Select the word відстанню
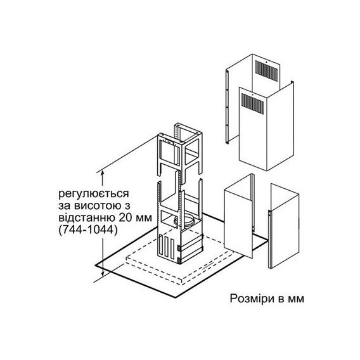[x=87, y=217]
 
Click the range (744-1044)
[x=87, y=229]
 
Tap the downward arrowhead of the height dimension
[x=103, y=273]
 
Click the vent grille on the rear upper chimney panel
[x=266, y=70]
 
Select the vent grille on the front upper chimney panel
[x=252, y=104]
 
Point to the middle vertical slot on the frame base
[x=166, y=247]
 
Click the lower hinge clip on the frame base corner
[x=179, y=260]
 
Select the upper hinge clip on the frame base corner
[x=179, y=248]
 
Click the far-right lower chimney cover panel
[x=284, y=226]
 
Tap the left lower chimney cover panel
[x=239, y=216]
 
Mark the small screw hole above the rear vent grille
[x=266, y=61]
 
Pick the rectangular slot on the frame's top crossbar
[x=169, y=143]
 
